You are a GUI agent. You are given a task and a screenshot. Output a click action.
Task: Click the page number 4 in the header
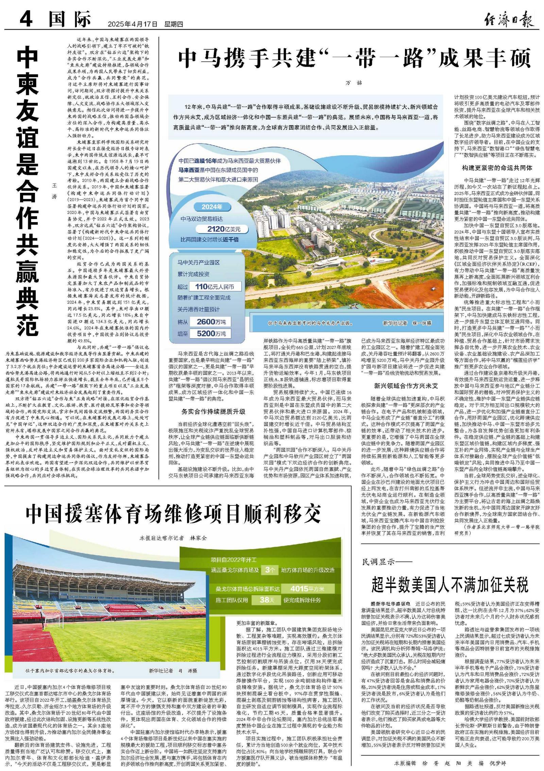tap(26, 19)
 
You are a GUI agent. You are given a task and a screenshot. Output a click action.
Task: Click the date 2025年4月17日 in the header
tap(133, 24)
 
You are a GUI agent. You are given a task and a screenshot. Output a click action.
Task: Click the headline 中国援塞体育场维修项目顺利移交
tap(173, 513)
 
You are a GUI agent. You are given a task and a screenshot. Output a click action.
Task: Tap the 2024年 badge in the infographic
tap(211, 207)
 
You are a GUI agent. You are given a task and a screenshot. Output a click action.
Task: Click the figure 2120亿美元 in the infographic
tap(223, 229)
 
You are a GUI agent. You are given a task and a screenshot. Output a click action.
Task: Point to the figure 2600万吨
tap(211, 322)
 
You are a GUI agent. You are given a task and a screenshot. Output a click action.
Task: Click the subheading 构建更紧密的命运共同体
tap(497, 168)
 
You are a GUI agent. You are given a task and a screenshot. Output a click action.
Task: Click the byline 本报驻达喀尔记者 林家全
tap(173, 538)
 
